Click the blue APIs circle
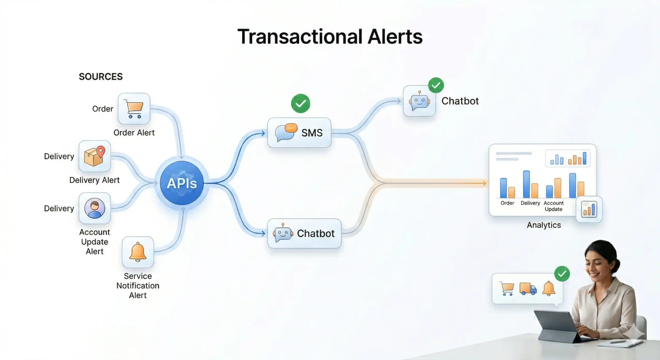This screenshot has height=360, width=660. pos(182,183)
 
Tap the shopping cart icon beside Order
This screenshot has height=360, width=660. pos(134,109)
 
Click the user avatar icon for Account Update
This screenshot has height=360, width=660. pos(95,208)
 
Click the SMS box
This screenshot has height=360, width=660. pos(299,133)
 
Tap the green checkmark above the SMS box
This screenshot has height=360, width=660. pos(301,103)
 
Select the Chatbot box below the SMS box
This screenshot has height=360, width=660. pos(304,233)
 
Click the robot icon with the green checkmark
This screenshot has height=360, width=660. pos(419,101)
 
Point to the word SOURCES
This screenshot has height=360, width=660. pos(101,77)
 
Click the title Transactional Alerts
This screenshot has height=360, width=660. pos(330,37)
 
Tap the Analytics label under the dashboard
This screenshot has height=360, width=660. pos(544,225)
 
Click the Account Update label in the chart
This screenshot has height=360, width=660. pos(554,206)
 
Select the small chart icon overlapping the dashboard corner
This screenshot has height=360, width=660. pos(589,209)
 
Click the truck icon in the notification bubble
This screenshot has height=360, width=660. pos(528,289)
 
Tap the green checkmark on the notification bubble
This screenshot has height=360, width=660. pos(562,274)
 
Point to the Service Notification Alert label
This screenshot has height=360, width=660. pos(138,285)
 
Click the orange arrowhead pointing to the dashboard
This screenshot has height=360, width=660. pos(484,183)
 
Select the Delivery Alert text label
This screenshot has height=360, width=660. pos(94,180)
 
